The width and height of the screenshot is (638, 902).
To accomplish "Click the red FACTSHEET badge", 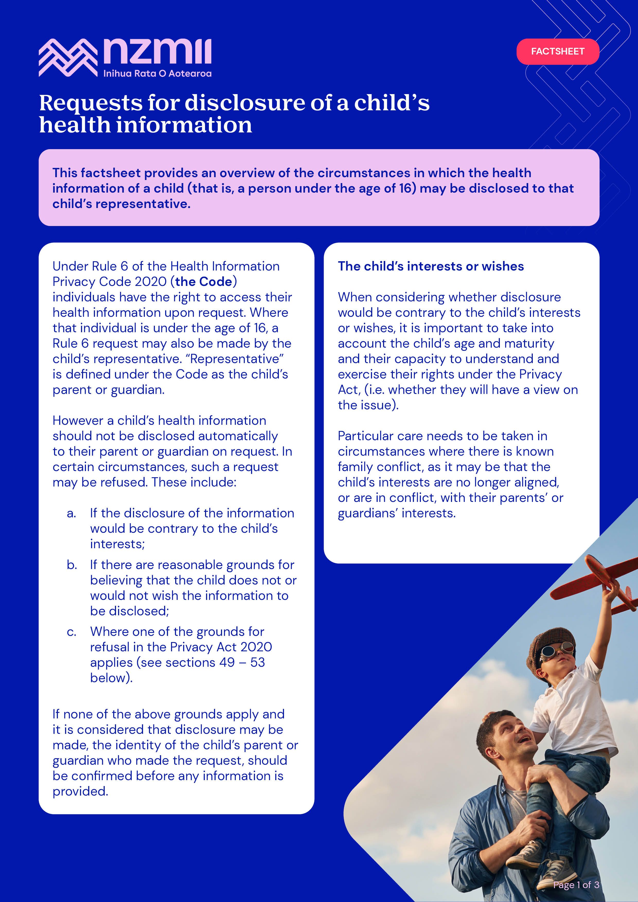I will point(557,51).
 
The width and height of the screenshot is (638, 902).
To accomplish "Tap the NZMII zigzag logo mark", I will point(68,57).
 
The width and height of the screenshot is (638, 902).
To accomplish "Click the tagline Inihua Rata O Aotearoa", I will point(157,74).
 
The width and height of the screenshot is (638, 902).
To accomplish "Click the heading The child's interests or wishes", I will point(430,266).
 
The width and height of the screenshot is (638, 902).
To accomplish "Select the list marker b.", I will point(72,565).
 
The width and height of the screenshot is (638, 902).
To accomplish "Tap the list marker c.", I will point(71,632).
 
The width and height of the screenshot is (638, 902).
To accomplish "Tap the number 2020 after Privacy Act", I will point(256,647).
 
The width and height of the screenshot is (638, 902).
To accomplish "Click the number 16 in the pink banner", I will point(405,188).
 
